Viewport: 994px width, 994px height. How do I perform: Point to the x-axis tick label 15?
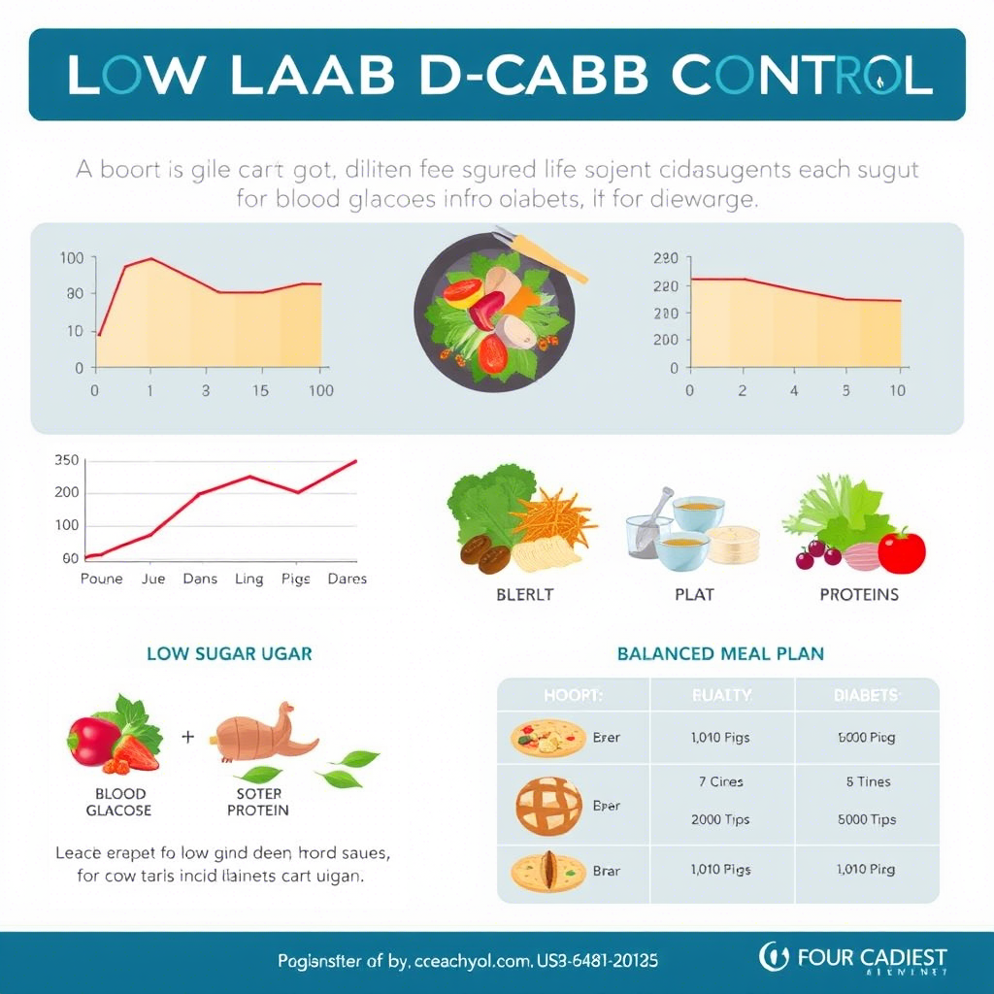coord(259,391)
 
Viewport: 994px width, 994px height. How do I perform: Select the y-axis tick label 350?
coord(67,460)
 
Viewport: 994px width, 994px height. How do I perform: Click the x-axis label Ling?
coord(248,579)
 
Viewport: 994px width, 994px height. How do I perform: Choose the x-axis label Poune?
coord(102,579)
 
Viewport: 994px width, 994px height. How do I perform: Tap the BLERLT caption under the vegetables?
coord(524,595)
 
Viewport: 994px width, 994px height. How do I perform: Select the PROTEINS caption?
coord(859,595)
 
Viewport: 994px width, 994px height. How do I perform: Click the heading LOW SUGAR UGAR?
coord(229,653)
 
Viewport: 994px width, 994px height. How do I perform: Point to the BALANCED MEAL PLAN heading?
coord(720,653)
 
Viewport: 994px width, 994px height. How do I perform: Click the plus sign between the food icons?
coord(188,737)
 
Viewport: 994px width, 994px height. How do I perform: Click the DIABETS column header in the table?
coord(866,695)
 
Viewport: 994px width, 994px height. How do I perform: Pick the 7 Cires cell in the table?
coord(720,781)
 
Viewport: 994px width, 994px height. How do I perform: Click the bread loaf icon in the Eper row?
coord(548,806)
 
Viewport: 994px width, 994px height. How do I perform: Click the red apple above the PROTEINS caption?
coord(901,550)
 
